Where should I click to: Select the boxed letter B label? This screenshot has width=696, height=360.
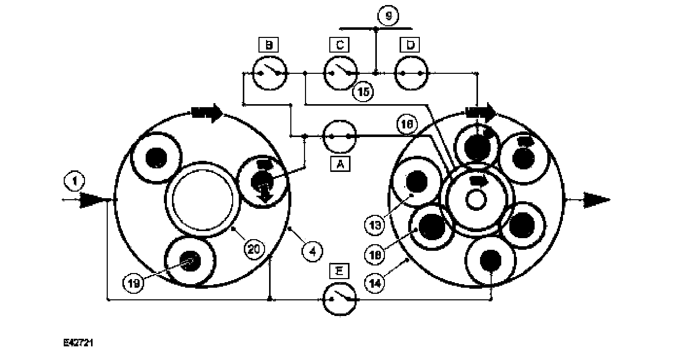[x=269, y=46]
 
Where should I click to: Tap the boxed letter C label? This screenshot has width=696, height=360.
[x=339, y=46]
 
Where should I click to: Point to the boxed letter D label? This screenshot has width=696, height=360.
[x=409, y=46]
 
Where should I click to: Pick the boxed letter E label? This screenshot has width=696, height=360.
[x=339, y=271]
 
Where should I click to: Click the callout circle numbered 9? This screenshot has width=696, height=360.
[x=388, y=16]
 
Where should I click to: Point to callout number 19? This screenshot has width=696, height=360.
[x=133, y=283]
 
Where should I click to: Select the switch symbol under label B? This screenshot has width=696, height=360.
[x=269, y=74]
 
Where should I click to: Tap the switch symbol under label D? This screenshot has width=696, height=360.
[x=411, y=74]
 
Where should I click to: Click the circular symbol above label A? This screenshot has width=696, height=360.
[x=339, y=136]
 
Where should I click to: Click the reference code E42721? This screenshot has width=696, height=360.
[x=78, y=343]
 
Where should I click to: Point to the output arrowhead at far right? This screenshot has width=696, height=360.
[x=597, y=199]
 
